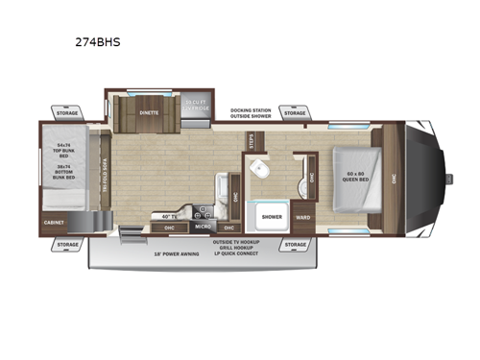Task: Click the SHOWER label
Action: click(271, 217)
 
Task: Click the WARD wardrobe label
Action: click(303, 217)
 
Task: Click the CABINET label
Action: click(55, 222)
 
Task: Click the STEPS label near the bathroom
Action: click(252, 142)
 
